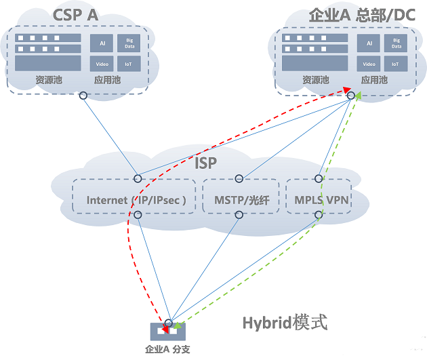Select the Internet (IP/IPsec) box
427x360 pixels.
(136, 200)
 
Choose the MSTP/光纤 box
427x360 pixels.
(241, 200)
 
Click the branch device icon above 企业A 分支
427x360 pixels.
(169, 332)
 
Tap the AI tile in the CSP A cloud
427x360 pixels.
(102, 43)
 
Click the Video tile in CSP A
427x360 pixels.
(102, 64)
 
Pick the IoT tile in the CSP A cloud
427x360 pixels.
(129, 64)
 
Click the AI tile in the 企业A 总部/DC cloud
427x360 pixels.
(369, 43)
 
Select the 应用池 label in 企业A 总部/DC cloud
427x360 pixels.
(374, 80)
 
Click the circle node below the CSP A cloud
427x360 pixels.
(83, 96)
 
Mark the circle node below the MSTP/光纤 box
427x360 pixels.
(239, 215)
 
